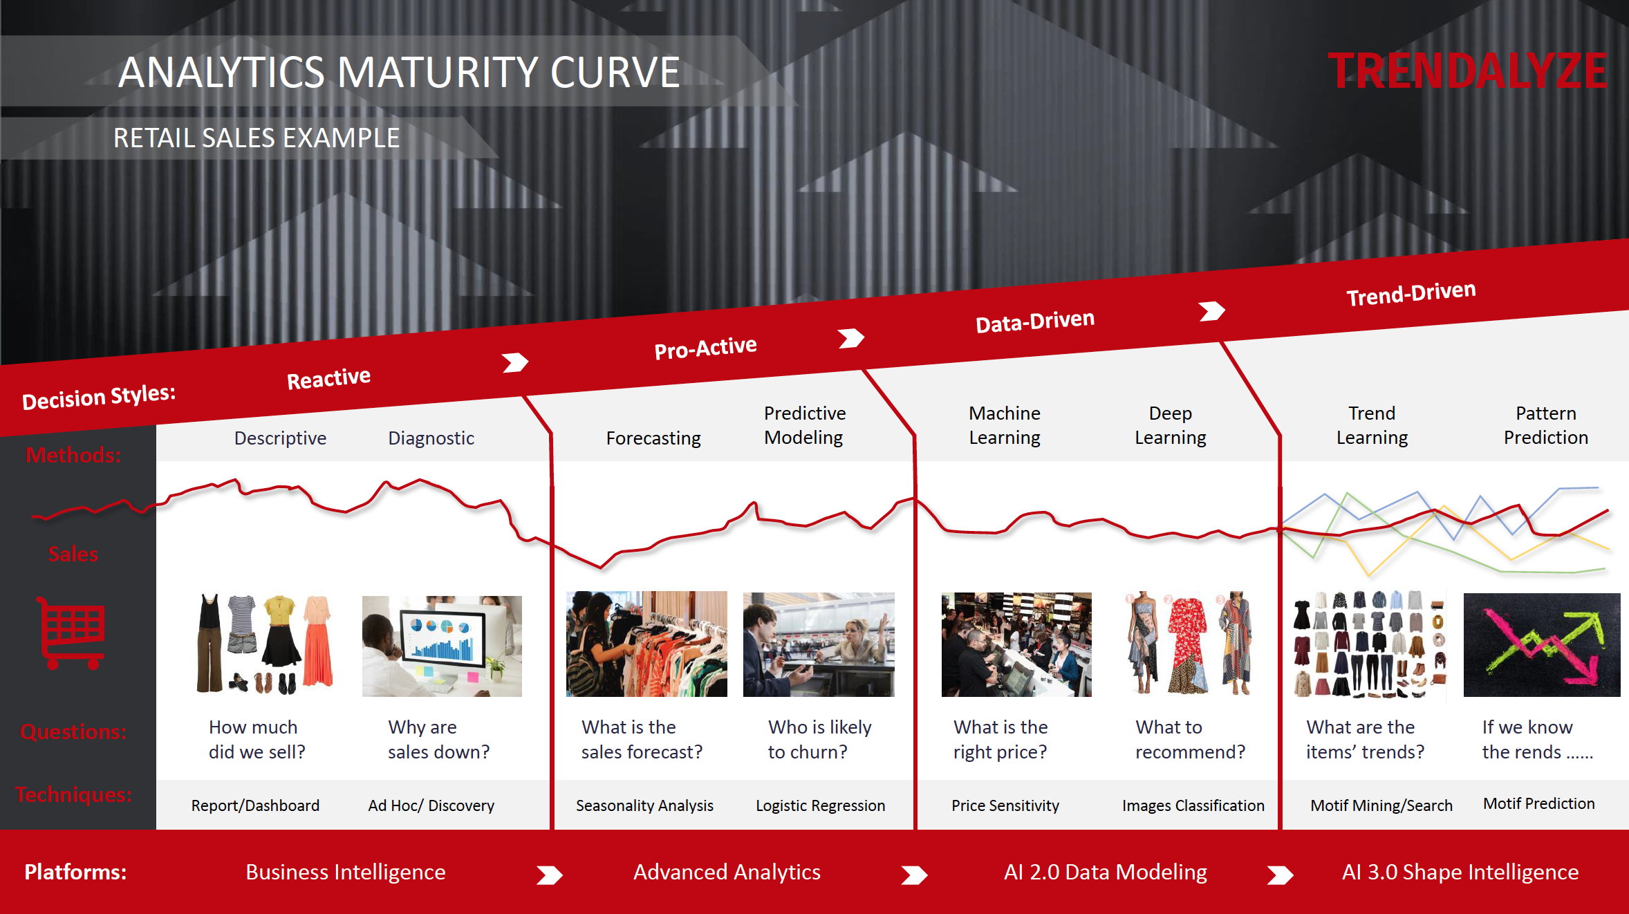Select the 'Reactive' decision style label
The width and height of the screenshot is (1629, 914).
(x=328, y=378)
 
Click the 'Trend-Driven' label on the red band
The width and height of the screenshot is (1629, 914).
(x=1411, y=293)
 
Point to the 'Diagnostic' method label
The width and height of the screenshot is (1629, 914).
(x=431, y=438)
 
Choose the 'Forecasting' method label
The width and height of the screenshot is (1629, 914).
(x=653, y=438)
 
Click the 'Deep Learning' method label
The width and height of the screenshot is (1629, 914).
(x=1171, y=425)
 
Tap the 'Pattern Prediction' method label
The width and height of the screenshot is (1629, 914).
(x=1546, y=425)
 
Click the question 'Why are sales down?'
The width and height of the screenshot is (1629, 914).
(x=438, y=739)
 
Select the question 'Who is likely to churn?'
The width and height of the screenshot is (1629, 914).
(x=819, y=739)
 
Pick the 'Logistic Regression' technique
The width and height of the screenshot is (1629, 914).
(x=820, y=805)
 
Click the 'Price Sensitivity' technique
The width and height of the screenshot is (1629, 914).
(x=1005, y=805)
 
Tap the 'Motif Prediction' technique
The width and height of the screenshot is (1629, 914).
(x=1539, y=803)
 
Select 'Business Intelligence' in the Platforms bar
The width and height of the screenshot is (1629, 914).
(x=346, y=872)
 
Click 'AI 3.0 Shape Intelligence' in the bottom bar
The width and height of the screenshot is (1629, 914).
(x=1460, y=872)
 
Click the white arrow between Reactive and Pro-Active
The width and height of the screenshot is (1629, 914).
(x=515, y=362)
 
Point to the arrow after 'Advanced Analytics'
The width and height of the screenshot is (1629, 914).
(x=914, y=875)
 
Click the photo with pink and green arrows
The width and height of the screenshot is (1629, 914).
(x=1542, y=644)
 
